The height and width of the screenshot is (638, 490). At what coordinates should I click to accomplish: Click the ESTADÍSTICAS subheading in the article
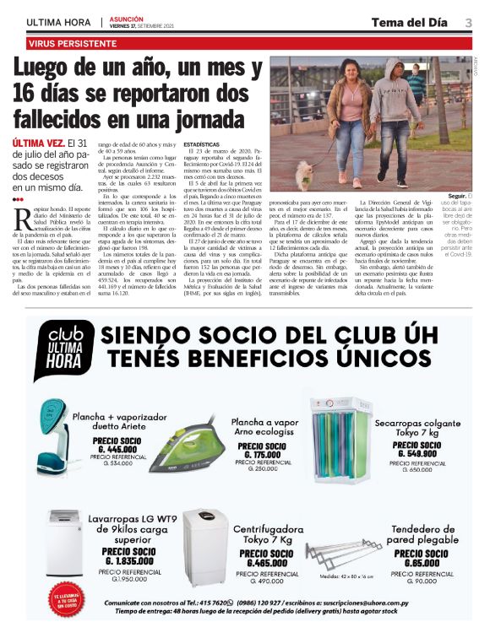(x=208, y=145)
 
